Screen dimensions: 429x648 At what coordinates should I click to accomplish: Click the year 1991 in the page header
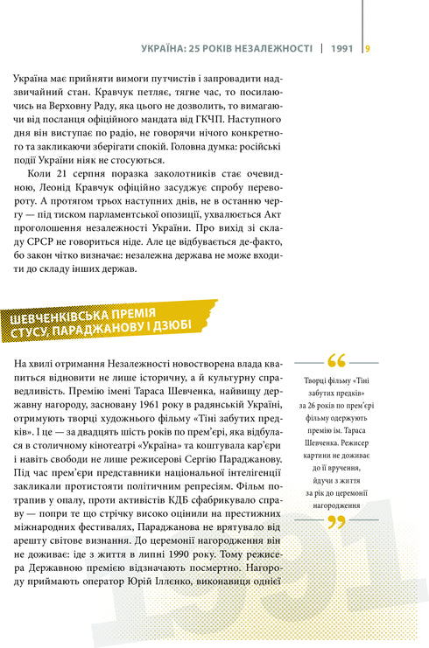coord(342,48)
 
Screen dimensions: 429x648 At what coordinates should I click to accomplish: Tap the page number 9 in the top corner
coord(368,48)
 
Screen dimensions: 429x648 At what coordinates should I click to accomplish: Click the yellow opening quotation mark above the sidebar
coord(335,361)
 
